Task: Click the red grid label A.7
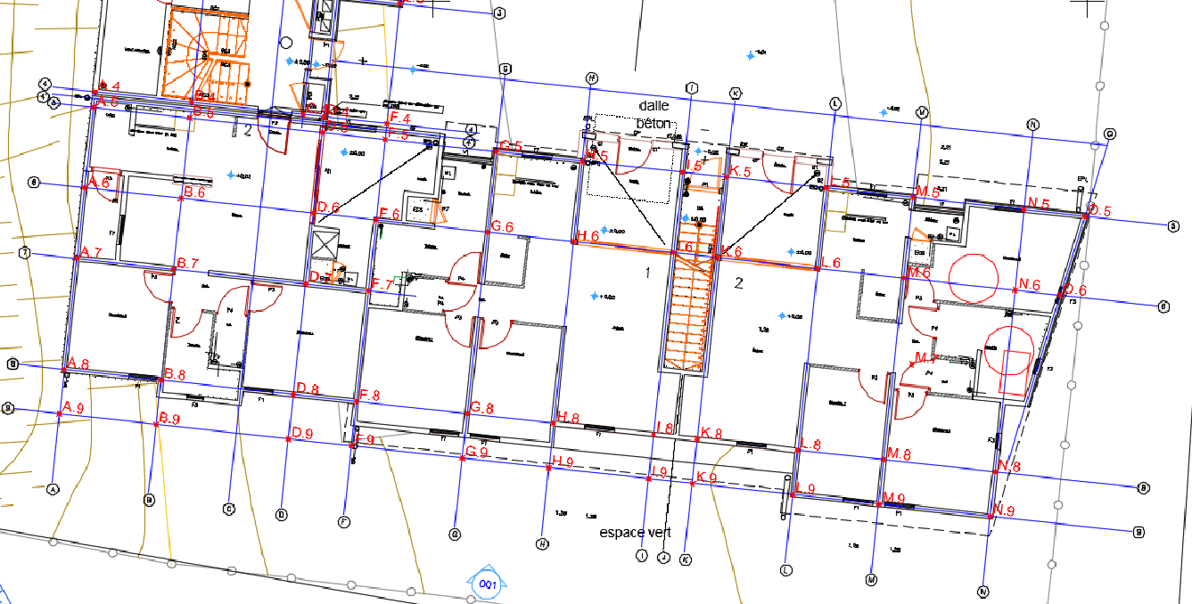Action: point(92,254)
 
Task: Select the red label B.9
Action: point(169,418)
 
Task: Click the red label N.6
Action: point(1030,284)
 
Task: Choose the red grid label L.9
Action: point(806,488)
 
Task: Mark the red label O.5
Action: point(1100,211)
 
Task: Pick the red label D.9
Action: point(302,434)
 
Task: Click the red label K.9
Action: point(707,477)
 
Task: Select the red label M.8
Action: point(899,454)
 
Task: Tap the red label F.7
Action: point(382,285)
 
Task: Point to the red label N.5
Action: point(1038,203)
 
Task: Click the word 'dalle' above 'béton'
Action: point(654,105)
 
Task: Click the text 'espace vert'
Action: point(635,533)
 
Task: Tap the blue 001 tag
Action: point(487,584)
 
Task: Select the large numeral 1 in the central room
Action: point(648,272)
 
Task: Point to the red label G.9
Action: point(477,452)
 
